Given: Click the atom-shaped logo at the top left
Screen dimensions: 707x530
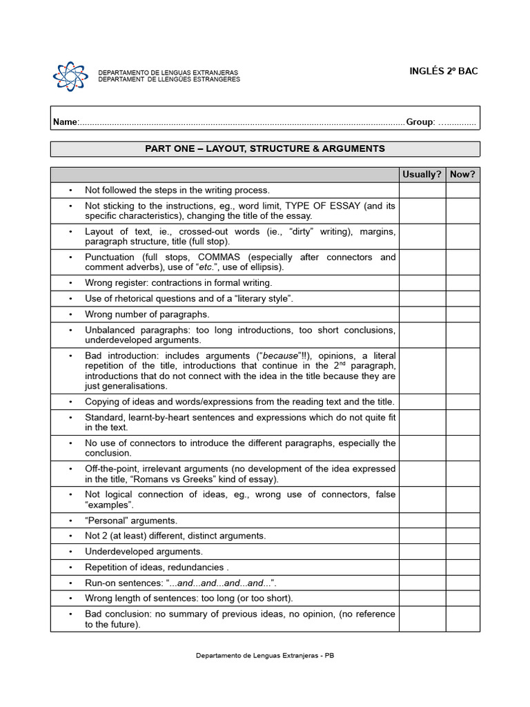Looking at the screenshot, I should coord(70,76).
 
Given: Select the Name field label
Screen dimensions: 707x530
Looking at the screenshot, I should coord(66,122).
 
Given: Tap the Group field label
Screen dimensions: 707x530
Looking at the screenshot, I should coord(420,122).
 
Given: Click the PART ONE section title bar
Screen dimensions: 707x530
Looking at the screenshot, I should coord(265,148).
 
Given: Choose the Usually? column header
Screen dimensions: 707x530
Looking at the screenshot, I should coord(422,174).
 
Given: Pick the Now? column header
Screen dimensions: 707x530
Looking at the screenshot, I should coord(462,174).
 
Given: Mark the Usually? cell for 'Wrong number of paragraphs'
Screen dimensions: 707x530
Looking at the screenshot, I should coord(422,314).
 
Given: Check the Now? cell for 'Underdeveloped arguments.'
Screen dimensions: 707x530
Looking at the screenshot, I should coord(462,552).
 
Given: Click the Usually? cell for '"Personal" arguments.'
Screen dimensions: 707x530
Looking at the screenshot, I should coord(422,521).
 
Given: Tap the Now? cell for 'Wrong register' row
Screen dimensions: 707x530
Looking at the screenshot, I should coord(462,282).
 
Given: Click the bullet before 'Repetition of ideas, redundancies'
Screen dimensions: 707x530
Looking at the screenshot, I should coord(70,567).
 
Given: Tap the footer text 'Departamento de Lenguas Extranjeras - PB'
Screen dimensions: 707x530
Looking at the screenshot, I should coord(265,655).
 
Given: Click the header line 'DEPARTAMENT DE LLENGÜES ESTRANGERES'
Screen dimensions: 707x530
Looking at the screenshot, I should coord(169,79).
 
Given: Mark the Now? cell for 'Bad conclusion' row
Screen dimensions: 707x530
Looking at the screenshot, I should coord(462,619).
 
